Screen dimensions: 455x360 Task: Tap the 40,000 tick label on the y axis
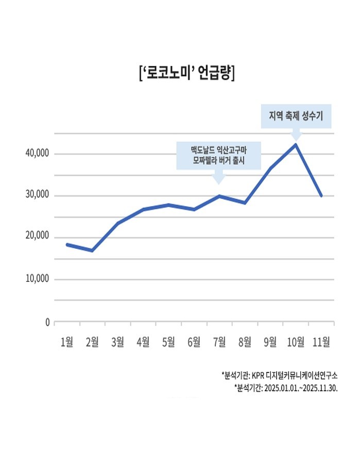36,154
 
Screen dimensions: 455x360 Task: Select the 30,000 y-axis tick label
36,195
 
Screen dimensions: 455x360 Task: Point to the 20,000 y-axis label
36,237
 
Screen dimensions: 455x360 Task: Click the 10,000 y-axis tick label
36,279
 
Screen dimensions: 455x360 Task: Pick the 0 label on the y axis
47,323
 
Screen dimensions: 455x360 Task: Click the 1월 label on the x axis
67,341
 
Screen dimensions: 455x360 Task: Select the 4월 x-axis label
143,341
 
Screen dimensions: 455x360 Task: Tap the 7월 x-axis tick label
219,341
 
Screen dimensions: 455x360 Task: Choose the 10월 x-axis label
295,341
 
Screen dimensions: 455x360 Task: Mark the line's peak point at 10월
296,144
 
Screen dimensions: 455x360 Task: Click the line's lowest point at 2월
92,250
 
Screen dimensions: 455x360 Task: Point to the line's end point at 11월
321,196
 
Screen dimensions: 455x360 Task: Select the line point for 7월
219,196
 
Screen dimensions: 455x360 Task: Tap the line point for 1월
67,244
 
